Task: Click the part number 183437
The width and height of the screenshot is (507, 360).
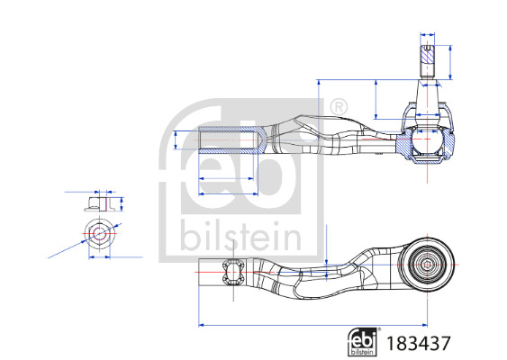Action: click(x=418, y=342)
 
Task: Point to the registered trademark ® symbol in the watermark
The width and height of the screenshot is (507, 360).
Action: click(x=339, y=107)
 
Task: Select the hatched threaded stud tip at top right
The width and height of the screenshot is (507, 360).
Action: click(x=427, y=59)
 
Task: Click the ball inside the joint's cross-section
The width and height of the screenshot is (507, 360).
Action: click(x=427, y=143)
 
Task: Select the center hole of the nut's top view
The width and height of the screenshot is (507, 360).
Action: click(x=99, y=234)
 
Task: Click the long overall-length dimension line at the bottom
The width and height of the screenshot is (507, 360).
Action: click(x=312, y=325)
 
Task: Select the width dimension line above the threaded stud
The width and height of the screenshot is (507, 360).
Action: click(x=427, y=37)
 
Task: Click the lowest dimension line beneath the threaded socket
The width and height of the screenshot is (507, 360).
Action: click(x=229, y=192)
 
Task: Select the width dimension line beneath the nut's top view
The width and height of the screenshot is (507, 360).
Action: click(x=99, y=257)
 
